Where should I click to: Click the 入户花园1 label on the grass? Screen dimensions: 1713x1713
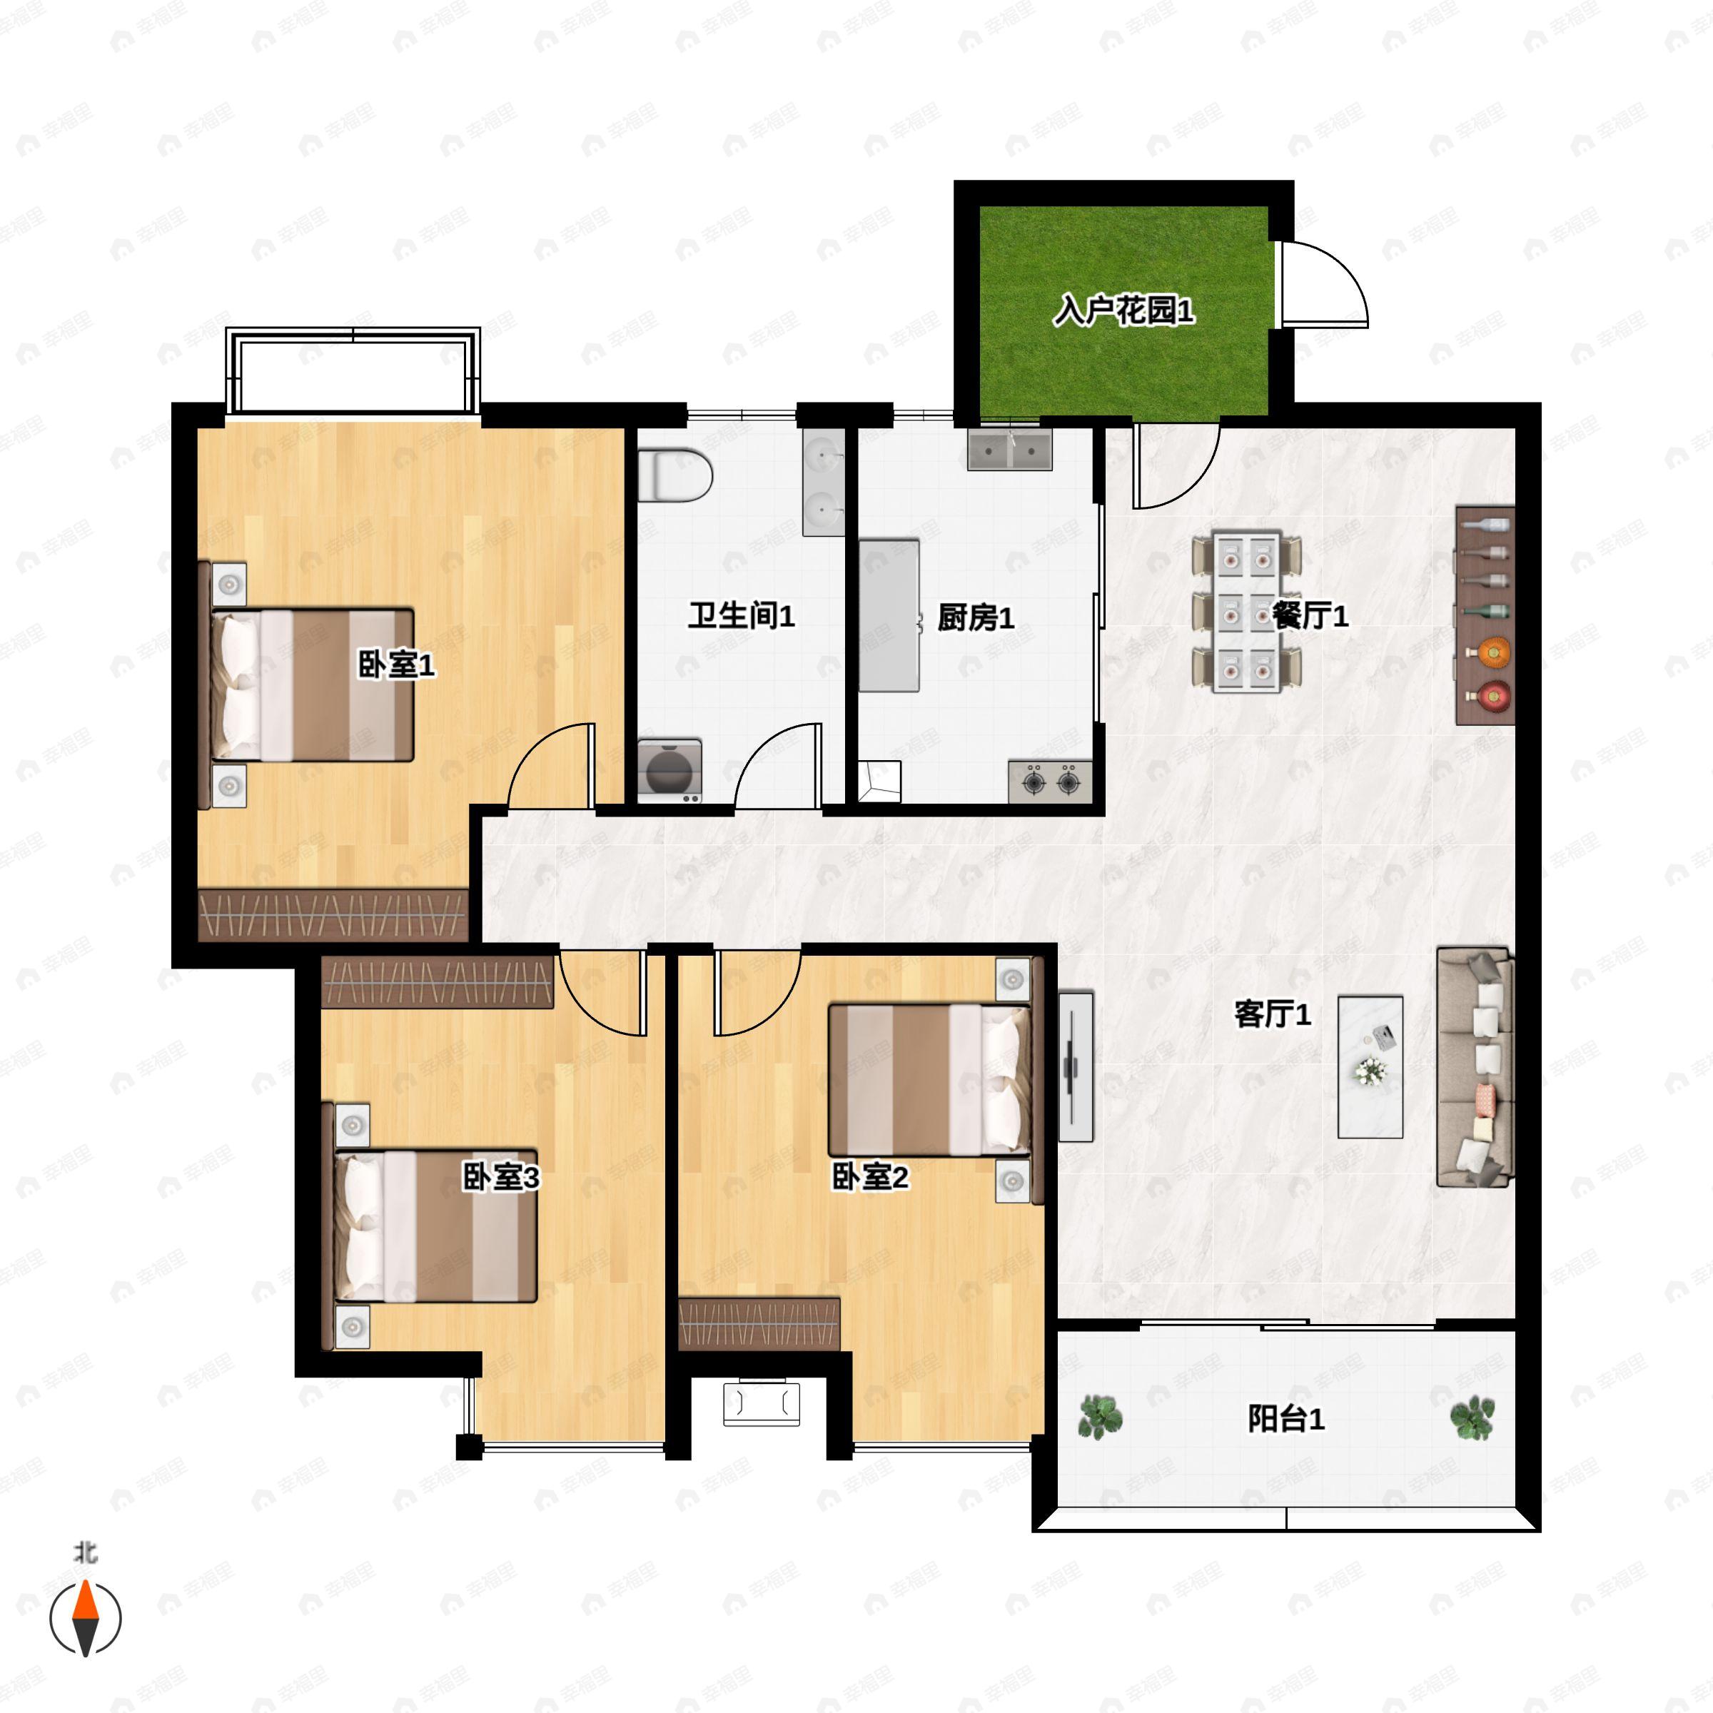click(x=1123, y=310)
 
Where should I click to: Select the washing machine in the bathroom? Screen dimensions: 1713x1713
click(x=669, y=772)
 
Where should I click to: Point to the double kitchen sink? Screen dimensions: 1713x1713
click(x=1009, y=449)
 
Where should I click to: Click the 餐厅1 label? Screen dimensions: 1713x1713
click(x=1310, y=616)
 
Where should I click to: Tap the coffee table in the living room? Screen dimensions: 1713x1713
click(x=1370, y=1066)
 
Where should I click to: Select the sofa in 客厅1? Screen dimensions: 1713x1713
click(x=1475, y=1066)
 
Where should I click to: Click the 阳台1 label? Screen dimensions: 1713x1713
click(x=1285, y=1419)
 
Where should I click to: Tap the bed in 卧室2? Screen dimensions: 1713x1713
click(x=930, y=1079)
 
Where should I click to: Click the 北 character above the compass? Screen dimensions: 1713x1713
click(x=85, y=1552)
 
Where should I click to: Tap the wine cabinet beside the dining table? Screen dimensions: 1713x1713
click(x=1485, y=616)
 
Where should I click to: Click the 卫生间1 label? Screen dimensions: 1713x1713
click(x=742, y=615)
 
